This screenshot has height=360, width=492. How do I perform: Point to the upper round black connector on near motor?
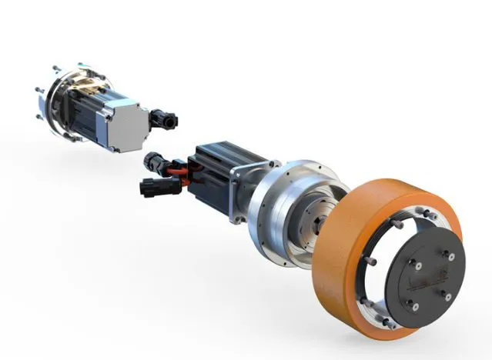pos(153,160)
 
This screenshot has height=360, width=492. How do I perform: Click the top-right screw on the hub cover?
pos(450,257)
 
